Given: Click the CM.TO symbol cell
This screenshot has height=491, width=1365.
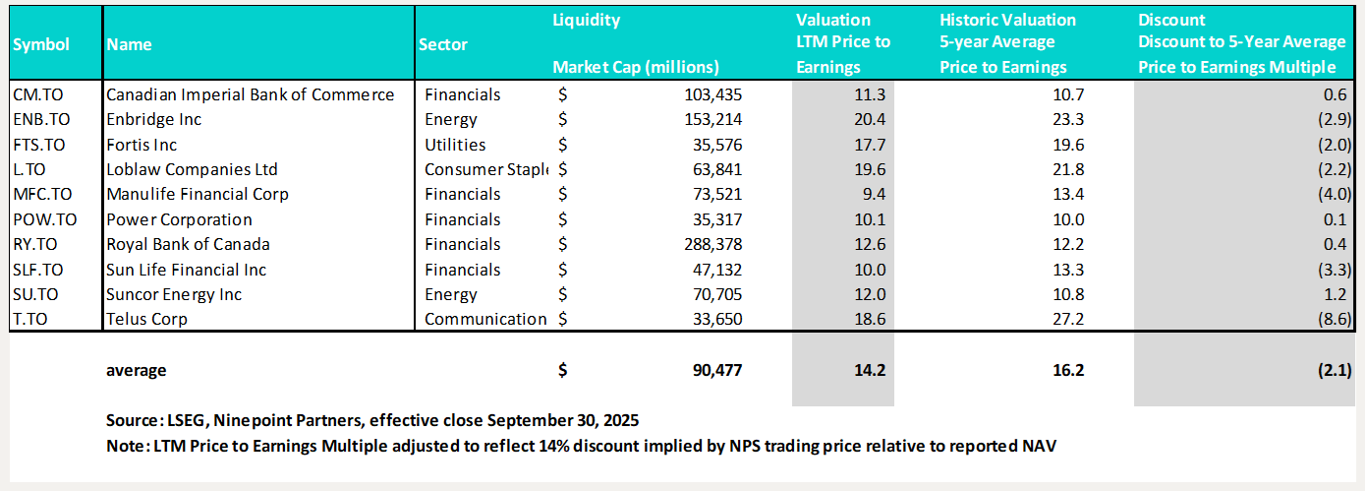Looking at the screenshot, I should click(35, 94).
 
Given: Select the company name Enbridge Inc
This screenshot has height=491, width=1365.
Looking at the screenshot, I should click(155, 120).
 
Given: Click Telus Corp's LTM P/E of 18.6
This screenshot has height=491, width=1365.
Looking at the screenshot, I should click(872, 319).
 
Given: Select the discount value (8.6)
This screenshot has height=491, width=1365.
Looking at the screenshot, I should click(1333, 319).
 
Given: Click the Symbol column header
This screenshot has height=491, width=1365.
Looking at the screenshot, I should click(41, 44).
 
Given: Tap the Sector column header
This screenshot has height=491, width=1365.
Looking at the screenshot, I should click(443, 44).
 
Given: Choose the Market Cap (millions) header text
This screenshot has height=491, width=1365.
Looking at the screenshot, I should click(636, 67).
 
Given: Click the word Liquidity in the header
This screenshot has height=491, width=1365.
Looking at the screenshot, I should click(587, 20).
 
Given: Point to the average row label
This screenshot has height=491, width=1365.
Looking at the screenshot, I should click(137, 370).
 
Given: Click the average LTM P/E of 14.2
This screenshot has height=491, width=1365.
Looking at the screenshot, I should click(872, 370).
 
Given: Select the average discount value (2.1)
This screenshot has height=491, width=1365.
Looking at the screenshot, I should click(1333, 370).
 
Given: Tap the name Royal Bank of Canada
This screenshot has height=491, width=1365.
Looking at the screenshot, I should click(188, 244).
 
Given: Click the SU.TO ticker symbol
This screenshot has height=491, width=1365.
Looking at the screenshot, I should click(35, 294).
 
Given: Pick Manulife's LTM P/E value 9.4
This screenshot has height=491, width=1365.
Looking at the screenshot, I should click(876, 194).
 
